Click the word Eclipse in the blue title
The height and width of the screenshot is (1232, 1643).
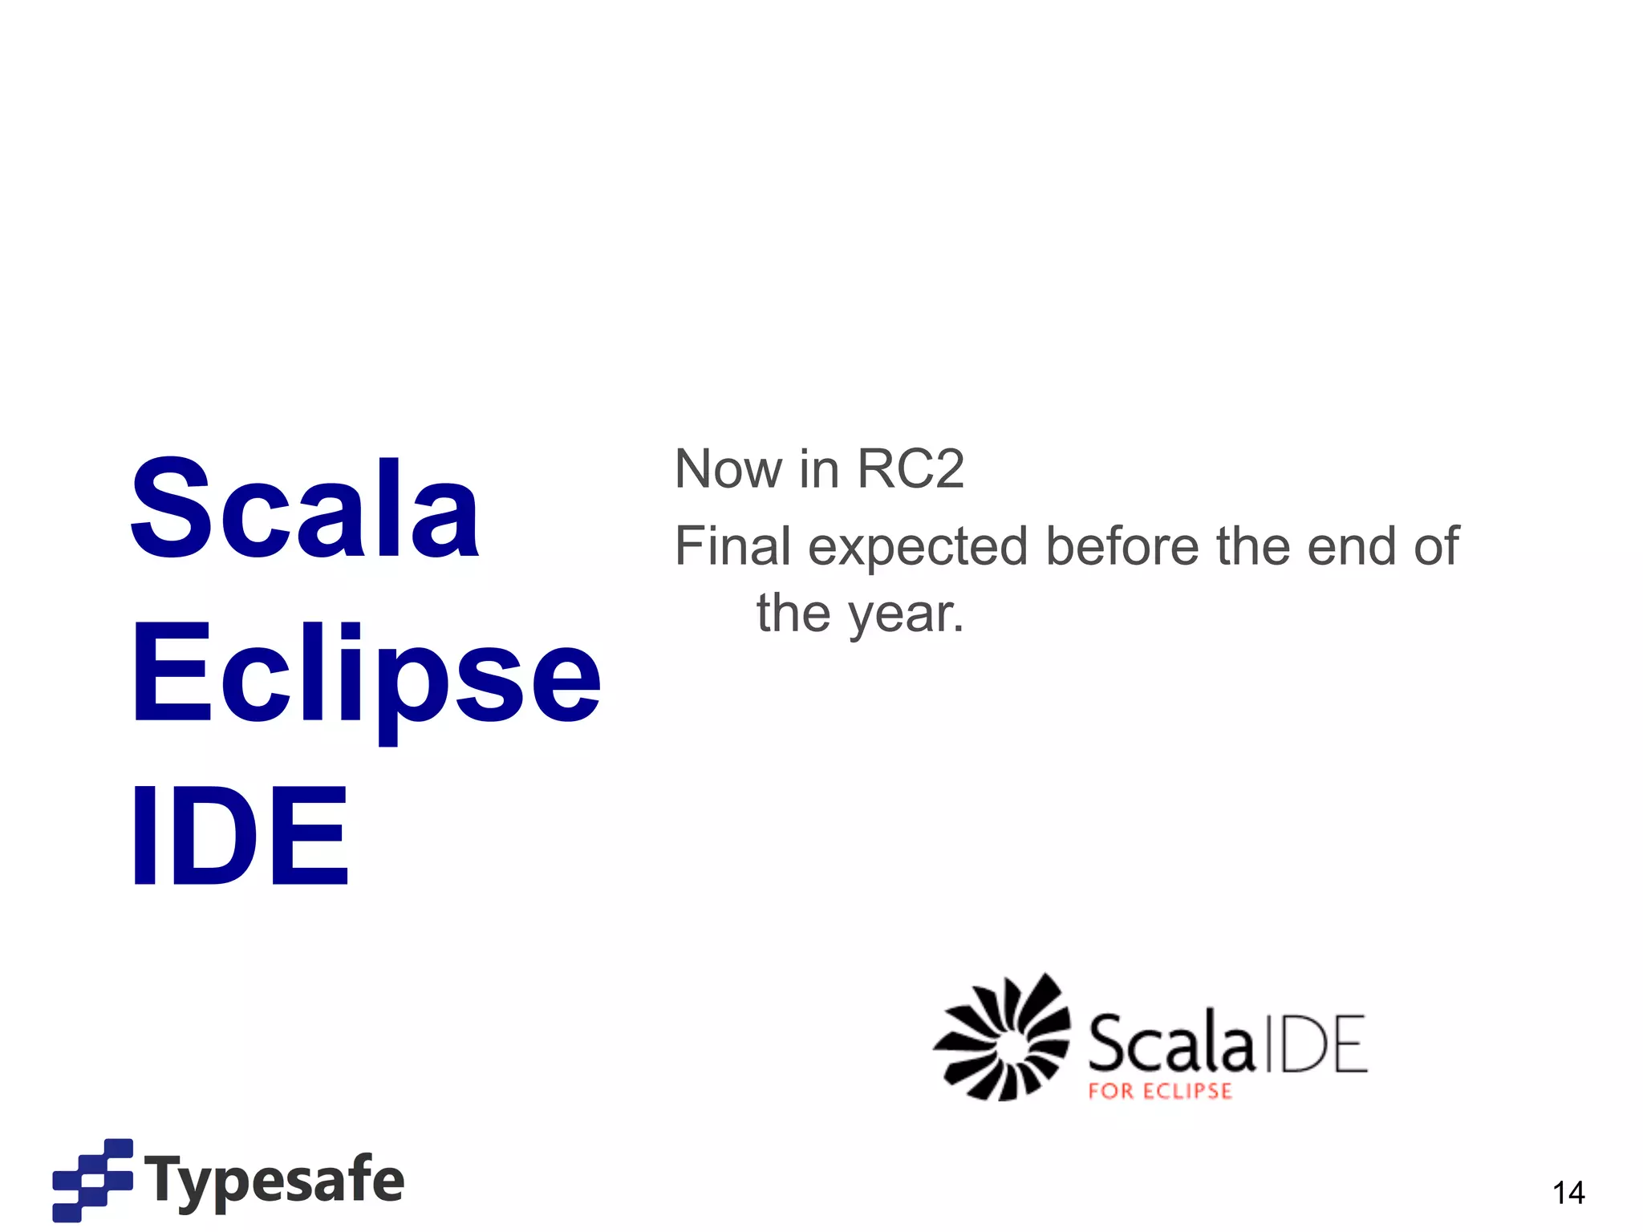[365, 678]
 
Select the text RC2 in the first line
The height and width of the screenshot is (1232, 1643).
[910, 468]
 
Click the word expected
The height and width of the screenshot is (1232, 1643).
[918, 548]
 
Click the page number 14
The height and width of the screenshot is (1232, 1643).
[1568, 1193]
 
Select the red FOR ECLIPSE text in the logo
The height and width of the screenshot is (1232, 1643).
[1159, 1092]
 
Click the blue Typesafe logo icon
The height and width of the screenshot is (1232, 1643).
[92, 1179]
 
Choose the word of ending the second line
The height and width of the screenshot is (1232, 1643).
[1435, 546]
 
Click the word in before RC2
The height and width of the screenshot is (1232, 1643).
[818, 468]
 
